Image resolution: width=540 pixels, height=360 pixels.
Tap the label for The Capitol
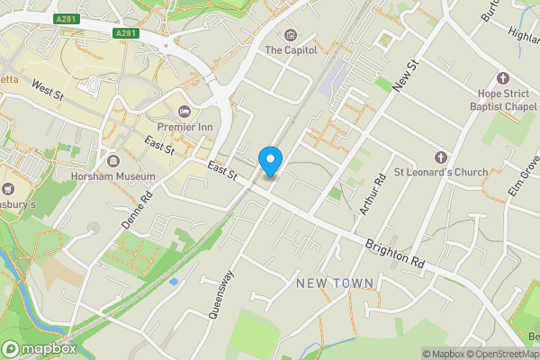tap(291, 50)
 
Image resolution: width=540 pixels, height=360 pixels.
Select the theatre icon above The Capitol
tap(291, 35)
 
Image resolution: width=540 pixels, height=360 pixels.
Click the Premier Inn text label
tap(184, 127)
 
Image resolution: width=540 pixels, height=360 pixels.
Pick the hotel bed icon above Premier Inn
tap(184, 111)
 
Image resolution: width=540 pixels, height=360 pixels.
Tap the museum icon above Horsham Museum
tap(113, 161)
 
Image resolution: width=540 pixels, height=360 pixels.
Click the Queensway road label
tap(221, 294)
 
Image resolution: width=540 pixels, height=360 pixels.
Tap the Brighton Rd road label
tap(394, 252)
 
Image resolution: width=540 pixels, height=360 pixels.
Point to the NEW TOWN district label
tap(335, 283)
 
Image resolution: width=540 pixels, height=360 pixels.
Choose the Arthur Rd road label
tap(372, 193)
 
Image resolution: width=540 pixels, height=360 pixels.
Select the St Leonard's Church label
tap(441, 172)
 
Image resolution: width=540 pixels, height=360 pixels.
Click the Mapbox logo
tap(39, 348)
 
